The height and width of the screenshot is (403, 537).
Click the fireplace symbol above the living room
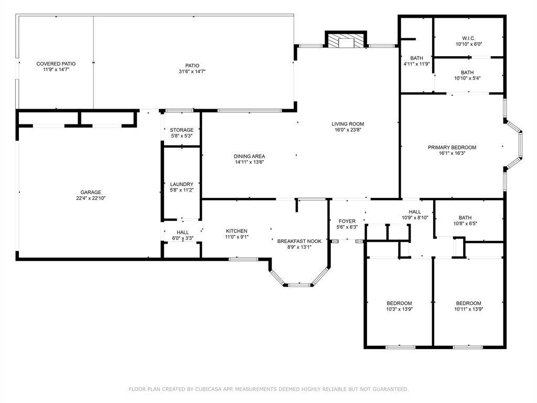346,40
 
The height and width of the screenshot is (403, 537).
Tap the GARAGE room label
91,192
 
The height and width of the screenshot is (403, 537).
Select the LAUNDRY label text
181,184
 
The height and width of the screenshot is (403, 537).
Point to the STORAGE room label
181,130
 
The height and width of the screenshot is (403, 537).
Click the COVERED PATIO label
56,63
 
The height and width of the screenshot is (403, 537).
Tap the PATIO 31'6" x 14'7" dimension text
192,71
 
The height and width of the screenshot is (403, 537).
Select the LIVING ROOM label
348,124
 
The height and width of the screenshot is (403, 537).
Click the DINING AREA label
249,156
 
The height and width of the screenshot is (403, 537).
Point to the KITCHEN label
237,231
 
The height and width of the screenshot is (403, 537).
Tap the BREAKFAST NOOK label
299,241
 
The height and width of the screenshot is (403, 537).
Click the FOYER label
347,221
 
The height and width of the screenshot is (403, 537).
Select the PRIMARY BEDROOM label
452,147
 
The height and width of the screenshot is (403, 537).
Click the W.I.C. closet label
468,38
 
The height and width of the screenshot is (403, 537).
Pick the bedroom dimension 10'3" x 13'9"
399,309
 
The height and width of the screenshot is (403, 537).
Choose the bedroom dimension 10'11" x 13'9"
468,309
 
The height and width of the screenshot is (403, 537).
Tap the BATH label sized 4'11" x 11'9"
416,58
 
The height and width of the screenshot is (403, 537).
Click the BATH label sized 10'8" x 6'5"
465,218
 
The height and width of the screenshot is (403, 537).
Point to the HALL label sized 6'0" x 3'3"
182,232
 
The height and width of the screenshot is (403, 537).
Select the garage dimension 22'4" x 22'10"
91,198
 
